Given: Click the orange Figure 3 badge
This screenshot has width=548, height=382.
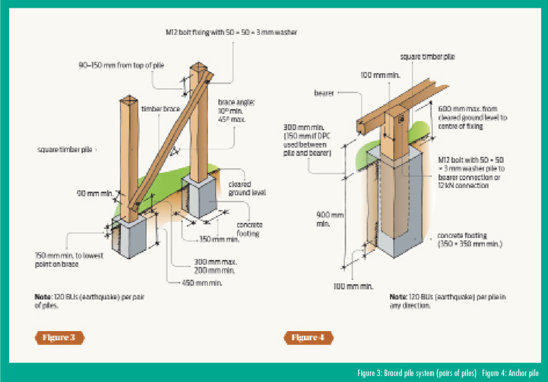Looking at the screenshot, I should (59, 338).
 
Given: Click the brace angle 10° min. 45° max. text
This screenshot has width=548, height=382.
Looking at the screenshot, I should (231, 110).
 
